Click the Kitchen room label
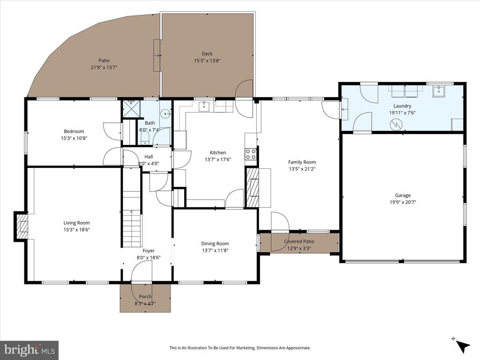click(217, 152)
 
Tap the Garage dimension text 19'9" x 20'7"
click(403, 202)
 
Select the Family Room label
click(302, 162)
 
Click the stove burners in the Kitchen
click(251, 154)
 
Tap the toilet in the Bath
click(145, 138)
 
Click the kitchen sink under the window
click(204, 107)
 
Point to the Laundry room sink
click(439, 91)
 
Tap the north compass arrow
click(462, 345)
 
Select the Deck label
click(207, 54)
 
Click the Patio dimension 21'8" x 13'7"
click(104, 67)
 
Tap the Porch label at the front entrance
click(145, 297)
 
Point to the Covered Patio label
click(299, 241)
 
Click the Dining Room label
click(215, 244)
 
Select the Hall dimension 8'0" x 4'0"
click(149, 164)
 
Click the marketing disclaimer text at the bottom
click(240, 348)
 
